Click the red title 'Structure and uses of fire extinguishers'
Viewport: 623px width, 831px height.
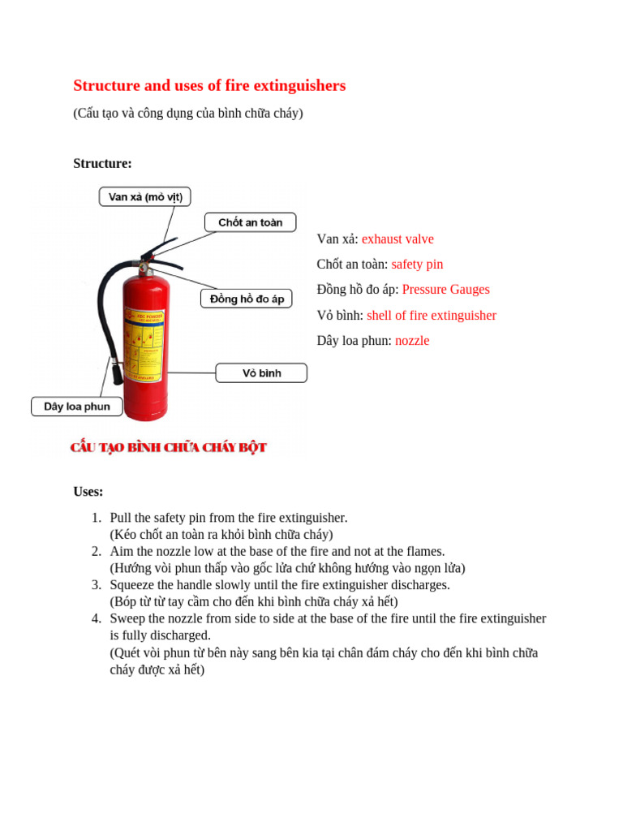209,86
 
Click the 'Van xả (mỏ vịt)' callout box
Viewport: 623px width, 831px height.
145,196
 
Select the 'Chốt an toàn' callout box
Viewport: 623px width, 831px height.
250,222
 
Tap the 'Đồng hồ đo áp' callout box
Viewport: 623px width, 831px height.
247,299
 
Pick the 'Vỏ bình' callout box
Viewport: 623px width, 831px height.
261,373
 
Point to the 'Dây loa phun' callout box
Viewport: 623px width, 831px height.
77,407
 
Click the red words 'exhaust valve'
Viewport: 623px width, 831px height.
397,239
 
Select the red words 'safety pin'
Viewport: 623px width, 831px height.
417,265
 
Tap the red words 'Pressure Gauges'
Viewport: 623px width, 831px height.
445,290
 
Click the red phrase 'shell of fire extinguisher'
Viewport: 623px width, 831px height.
431,316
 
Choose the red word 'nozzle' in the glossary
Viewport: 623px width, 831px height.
412,341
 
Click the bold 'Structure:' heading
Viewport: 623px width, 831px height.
102,164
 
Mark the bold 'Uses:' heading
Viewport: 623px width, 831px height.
88,492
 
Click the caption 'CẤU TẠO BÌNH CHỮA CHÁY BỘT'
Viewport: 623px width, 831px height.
168,448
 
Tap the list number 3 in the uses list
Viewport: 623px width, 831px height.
96,585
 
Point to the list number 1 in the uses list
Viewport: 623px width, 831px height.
96,518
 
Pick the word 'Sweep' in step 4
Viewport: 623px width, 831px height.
126,619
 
